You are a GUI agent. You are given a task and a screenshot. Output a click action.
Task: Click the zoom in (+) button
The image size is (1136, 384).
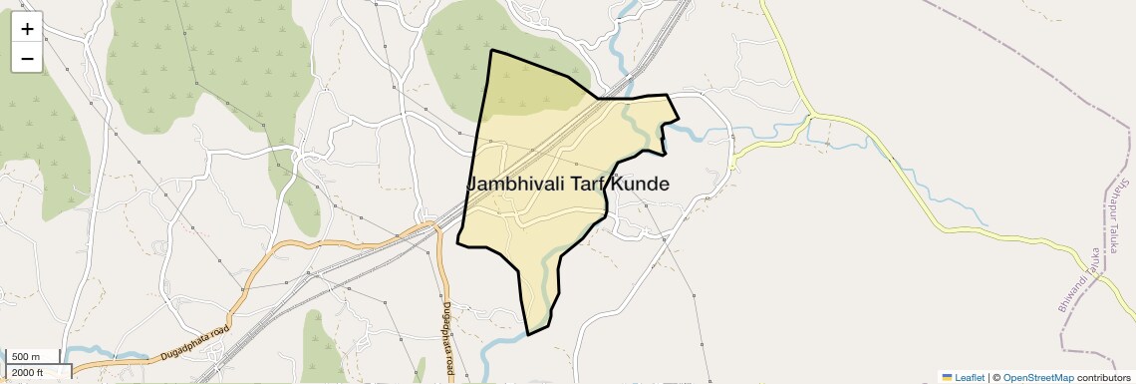[x=27, y=29]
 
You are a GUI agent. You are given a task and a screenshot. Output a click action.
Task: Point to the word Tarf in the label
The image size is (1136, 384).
[x=589, y=185]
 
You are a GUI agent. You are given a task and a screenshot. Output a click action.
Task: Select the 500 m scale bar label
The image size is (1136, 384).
[x=25, y=357]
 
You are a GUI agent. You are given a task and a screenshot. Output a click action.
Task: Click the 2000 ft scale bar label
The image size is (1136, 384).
[x=28, y=372]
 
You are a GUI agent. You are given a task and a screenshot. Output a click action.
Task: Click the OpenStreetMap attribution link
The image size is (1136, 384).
[x=1037, y=377]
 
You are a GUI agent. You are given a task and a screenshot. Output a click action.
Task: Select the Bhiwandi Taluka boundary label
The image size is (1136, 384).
[x=1078, y=280]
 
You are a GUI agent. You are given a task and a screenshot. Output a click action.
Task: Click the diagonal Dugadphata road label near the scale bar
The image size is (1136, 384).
[x=194, y=343]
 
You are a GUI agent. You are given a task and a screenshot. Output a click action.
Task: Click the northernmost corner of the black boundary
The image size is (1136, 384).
[x=491, y=50]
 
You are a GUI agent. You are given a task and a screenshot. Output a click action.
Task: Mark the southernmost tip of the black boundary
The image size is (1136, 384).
[x=527, y=334]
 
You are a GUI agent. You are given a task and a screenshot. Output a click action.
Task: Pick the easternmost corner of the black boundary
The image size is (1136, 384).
[x=679, y=120]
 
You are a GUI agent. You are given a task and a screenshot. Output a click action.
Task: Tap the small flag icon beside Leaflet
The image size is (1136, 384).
[x=947, y=377]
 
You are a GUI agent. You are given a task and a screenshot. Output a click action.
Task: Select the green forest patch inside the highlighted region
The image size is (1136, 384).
[x=528, y=90]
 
